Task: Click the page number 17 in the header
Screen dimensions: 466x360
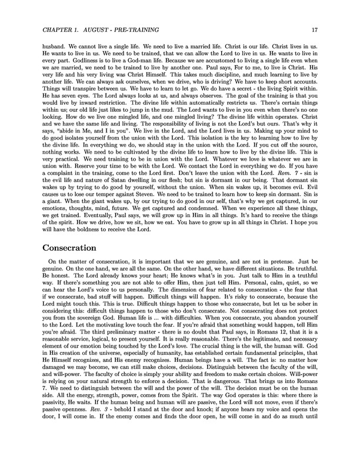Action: (315, 29)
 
